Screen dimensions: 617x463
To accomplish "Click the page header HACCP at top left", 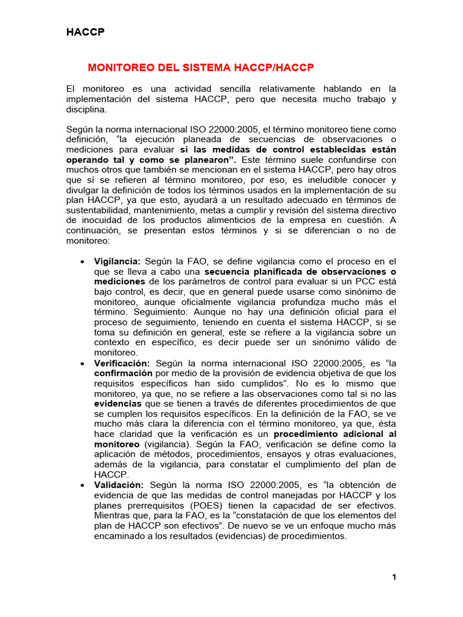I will (85, 33).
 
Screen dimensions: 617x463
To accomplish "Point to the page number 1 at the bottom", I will (394, 577).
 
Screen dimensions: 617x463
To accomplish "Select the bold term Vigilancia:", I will (117, 262).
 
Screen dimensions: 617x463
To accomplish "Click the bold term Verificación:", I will (122, 364).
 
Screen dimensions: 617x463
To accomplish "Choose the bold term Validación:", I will (119, 484).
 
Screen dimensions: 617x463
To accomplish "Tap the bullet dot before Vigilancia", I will (82, 262).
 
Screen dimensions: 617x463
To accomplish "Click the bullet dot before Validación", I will (82, 485).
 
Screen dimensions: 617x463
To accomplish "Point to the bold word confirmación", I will (124, 374).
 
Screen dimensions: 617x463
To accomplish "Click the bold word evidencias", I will (118, 404).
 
